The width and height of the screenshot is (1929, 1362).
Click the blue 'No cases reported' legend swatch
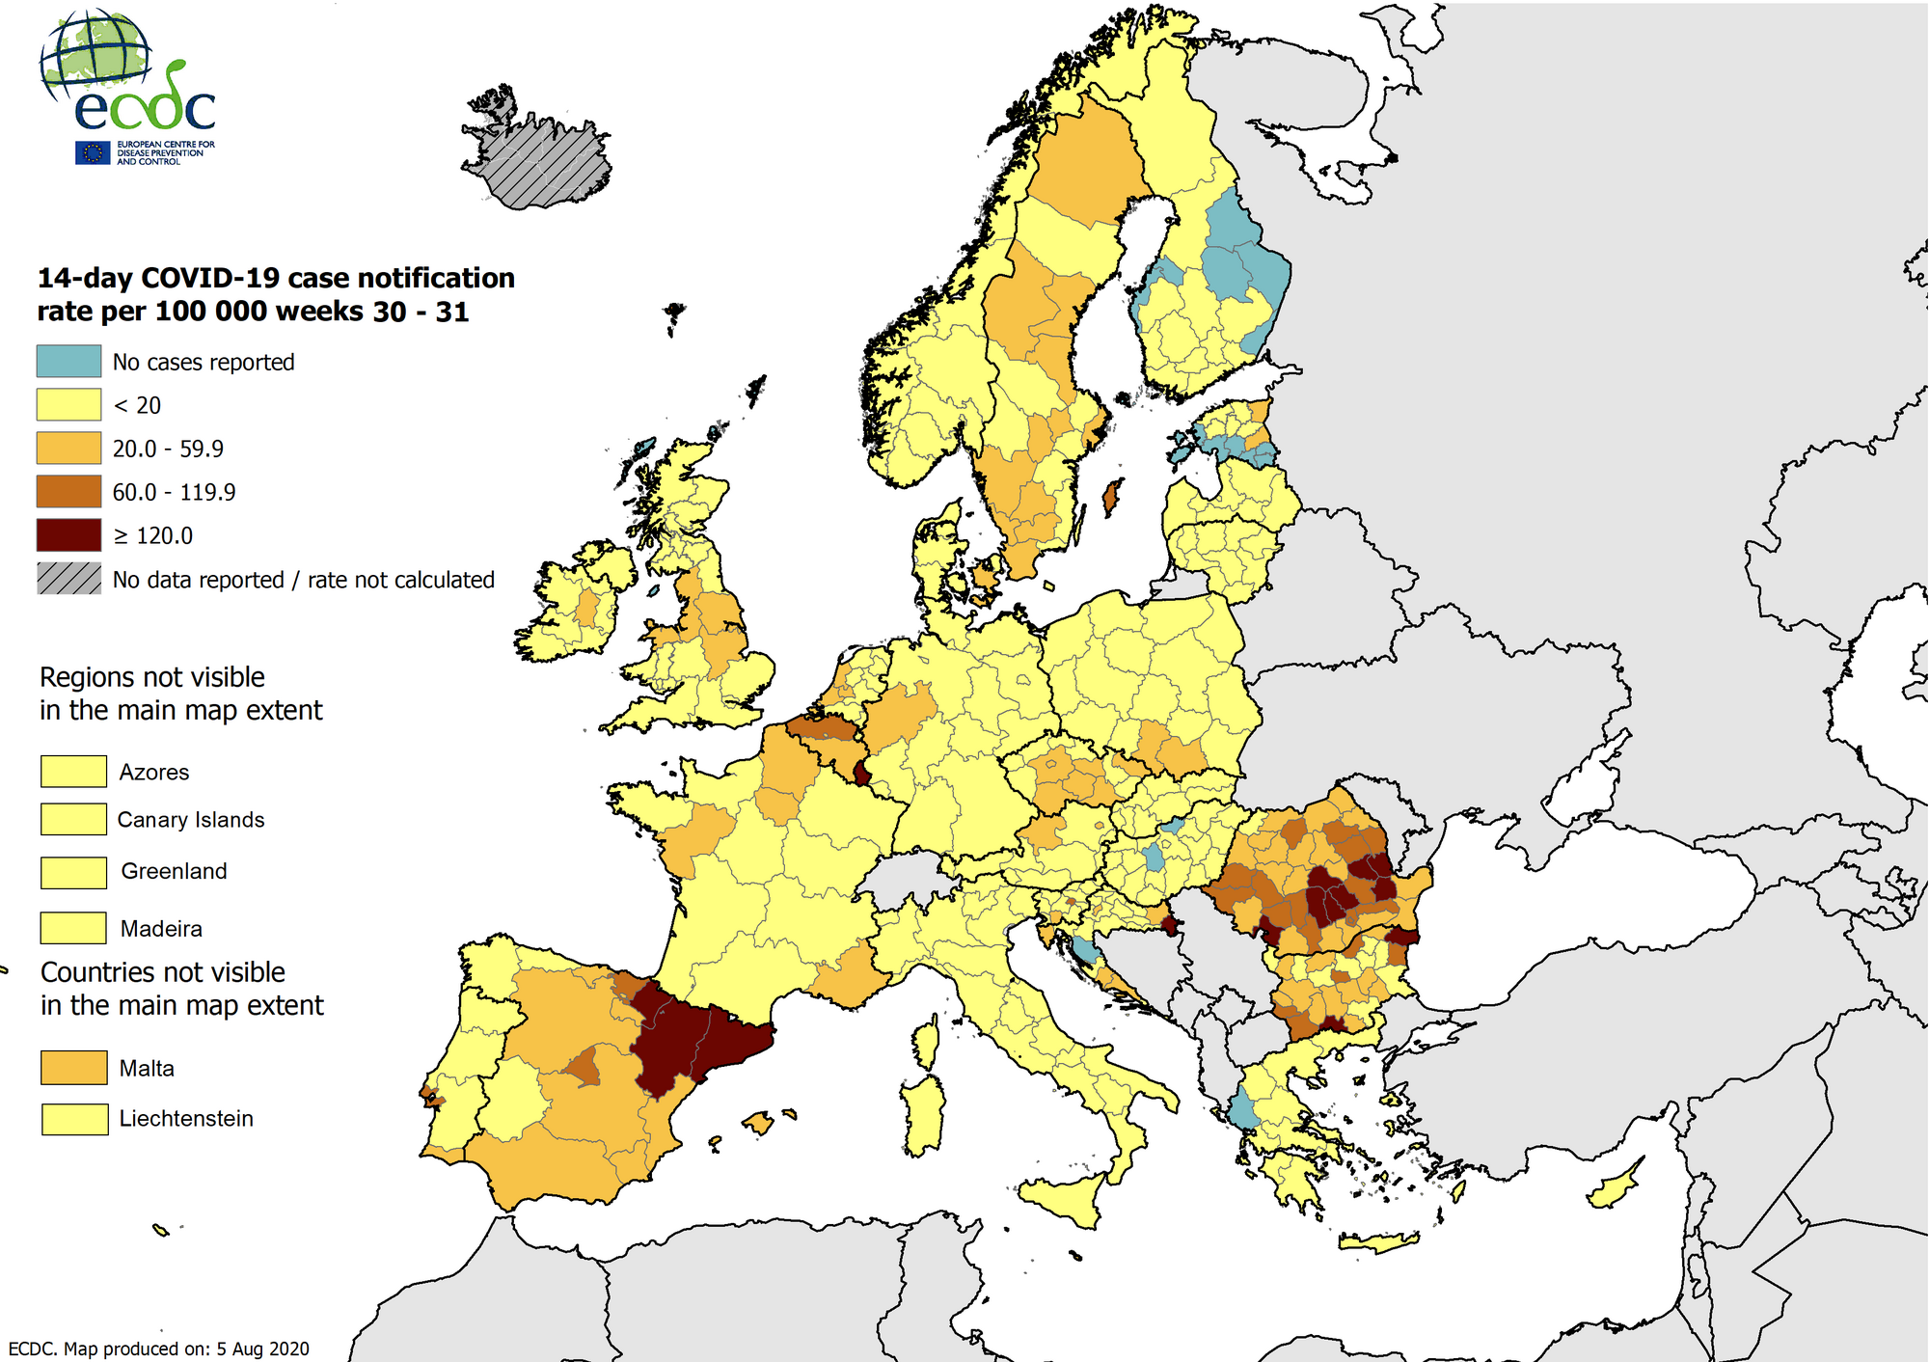pyautogui.click(x=68, y=361)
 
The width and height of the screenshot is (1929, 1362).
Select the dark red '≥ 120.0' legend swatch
pyautogui.click(x=68, y=535)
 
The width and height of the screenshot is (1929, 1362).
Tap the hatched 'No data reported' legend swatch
pyautogui.click(x=68, y=579)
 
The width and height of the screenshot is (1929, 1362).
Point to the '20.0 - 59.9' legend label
pyautogui.click(x=168, y=449)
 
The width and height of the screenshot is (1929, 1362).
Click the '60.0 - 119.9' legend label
pyautogui.click(x=174, y=492)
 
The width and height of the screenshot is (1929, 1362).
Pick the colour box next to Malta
pyautogui.click(x=73, y=1068)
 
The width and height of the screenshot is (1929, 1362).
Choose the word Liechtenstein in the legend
pyautogui.click(x=186, y=1119)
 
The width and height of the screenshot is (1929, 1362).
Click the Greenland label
pyautogui.click(x=174, y=871)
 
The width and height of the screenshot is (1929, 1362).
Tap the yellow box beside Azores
pyautogui.click(x=73, y=771)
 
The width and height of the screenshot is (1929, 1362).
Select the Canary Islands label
pyautogui.click(x=191, y=820)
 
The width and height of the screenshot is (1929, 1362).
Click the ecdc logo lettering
pyautogui.click(x=145, y=109)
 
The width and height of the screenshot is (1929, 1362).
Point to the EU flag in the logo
pyautogui.click(x=94, y=152)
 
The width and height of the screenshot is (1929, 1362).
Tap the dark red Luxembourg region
pyautogui.click(x=861, y=772)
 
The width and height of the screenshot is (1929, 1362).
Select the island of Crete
pyautogui.click(x=1380, y=1243)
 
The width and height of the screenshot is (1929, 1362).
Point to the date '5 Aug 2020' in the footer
pyautogui.click(x=262, y=1348)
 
